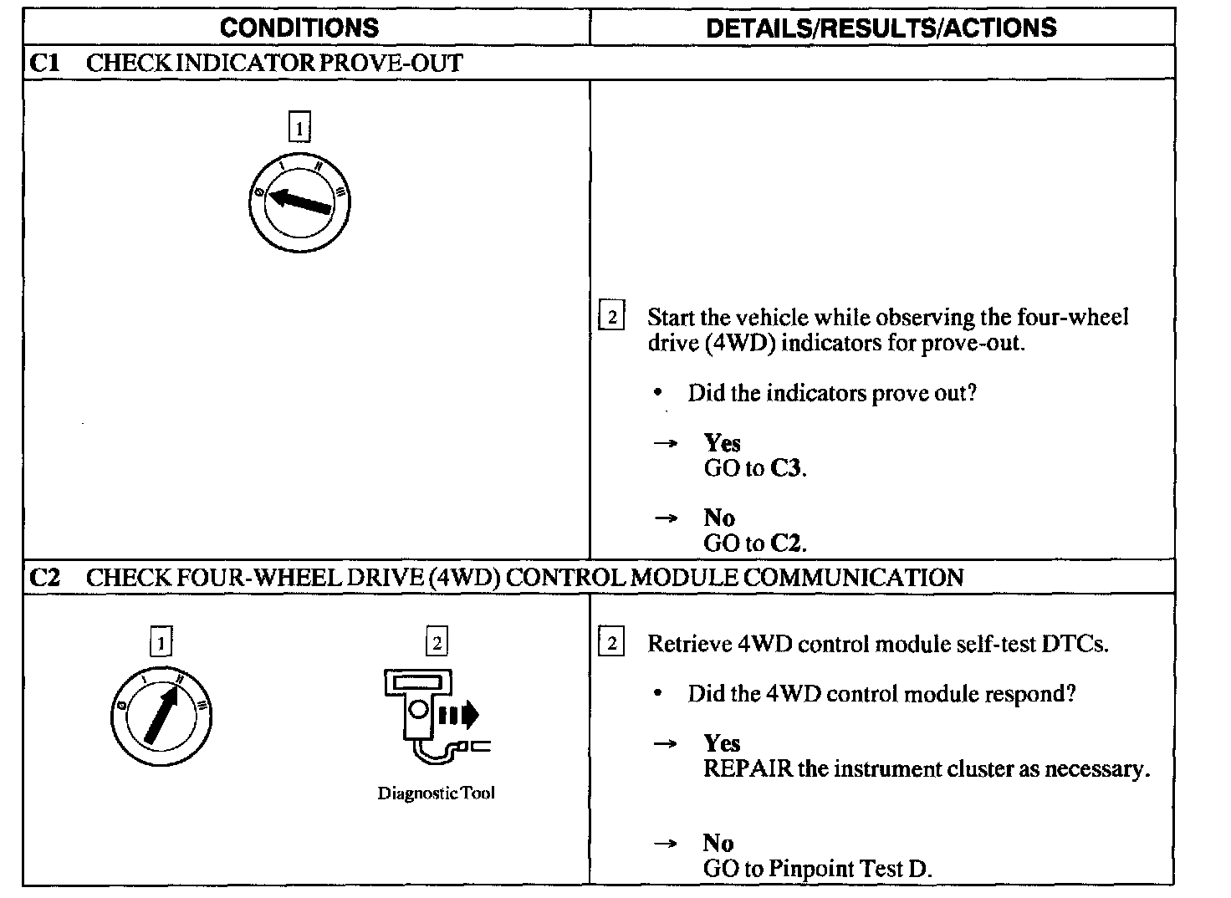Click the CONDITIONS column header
(x=299, y=28)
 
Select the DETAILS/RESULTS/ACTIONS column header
(x=881, y=28)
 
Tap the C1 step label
(x=43, y=63)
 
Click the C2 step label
(x=43, y=577)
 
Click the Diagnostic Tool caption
(x=436, y=793)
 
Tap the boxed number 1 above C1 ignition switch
(x=299, y=128)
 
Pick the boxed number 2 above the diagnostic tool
(x=437, y=642)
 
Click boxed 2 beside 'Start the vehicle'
(x=611, y=318)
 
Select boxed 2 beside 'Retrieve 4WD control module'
(x=611, y=644)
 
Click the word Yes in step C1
(x=722, y=443)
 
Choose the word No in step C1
(x=718, y=518)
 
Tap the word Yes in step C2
(x=722, y=743)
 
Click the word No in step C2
(x=718, y=843)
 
